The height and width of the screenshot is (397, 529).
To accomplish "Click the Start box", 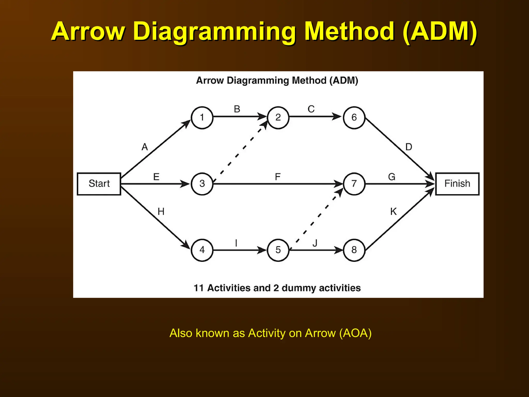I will (99, 184).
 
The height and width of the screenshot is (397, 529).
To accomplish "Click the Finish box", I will (457, 184).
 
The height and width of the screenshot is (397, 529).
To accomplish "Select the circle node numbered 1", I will (202, 118).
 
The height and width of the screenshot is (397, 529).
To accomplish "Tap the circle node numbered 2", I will (278, 118).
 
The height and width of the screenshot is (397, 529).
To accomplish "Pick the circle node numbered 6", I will (354, 118).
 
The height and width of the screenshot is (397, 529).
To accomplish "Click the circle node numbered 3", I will (202, 184).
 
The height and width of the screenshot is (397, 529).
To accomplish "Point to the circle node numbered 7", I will (354, 184).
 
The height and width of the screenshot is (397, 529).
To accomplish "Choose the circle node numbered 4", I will (202, 250).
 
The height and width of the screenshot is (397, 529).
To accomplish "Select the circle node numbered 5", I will (278, 250).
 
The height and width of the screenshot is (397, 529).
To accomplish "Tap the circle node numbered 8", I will (354, 250).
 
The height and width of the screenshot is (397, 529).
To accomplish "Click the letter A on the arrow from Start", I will (145, 147).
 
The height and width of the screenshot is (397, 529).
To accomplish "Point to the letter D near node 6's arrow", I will (409, 147).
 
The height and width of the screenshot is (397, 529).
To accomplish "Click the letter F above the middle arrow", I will (278, 177).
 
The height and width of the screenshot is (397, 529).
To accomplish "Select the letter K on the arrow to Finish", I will (393, 212).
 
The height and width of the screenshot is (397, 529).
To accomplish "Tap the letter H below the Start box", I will (161, 212).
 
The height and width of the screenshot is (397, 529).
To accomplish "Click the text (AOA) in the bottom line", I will (355, 333).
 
